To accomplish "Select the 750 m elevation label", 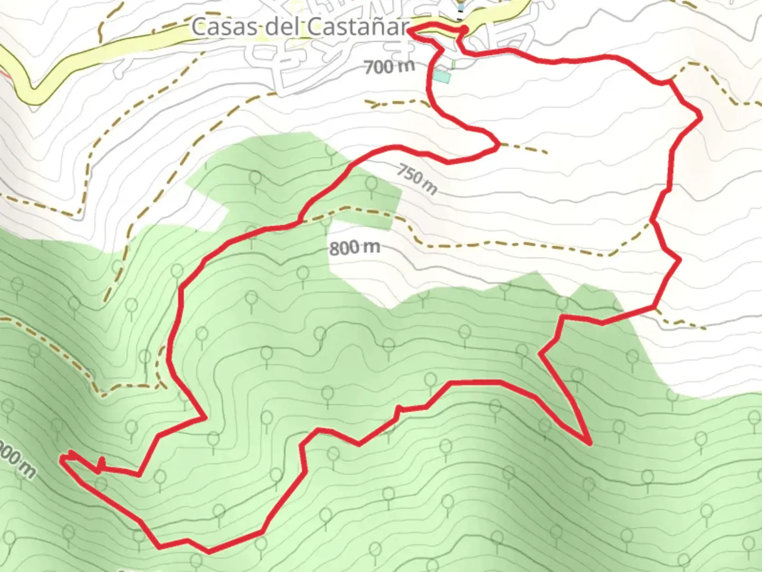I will click(x=418, y=178).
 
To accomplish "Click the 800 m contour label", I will click(x=355, y=247).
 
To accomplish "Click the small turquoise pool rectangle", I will click(x=442, y=77).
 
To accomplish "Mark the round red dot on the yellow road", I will click(x=464, y=29).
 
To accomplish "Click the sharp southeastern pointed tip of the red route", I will click(x=589, y=442).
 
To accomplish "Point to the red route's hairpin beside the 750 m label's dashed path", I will click(x=496, y=144).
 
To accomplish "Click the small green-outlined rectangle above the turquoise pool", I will click(x=453, y=64).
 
